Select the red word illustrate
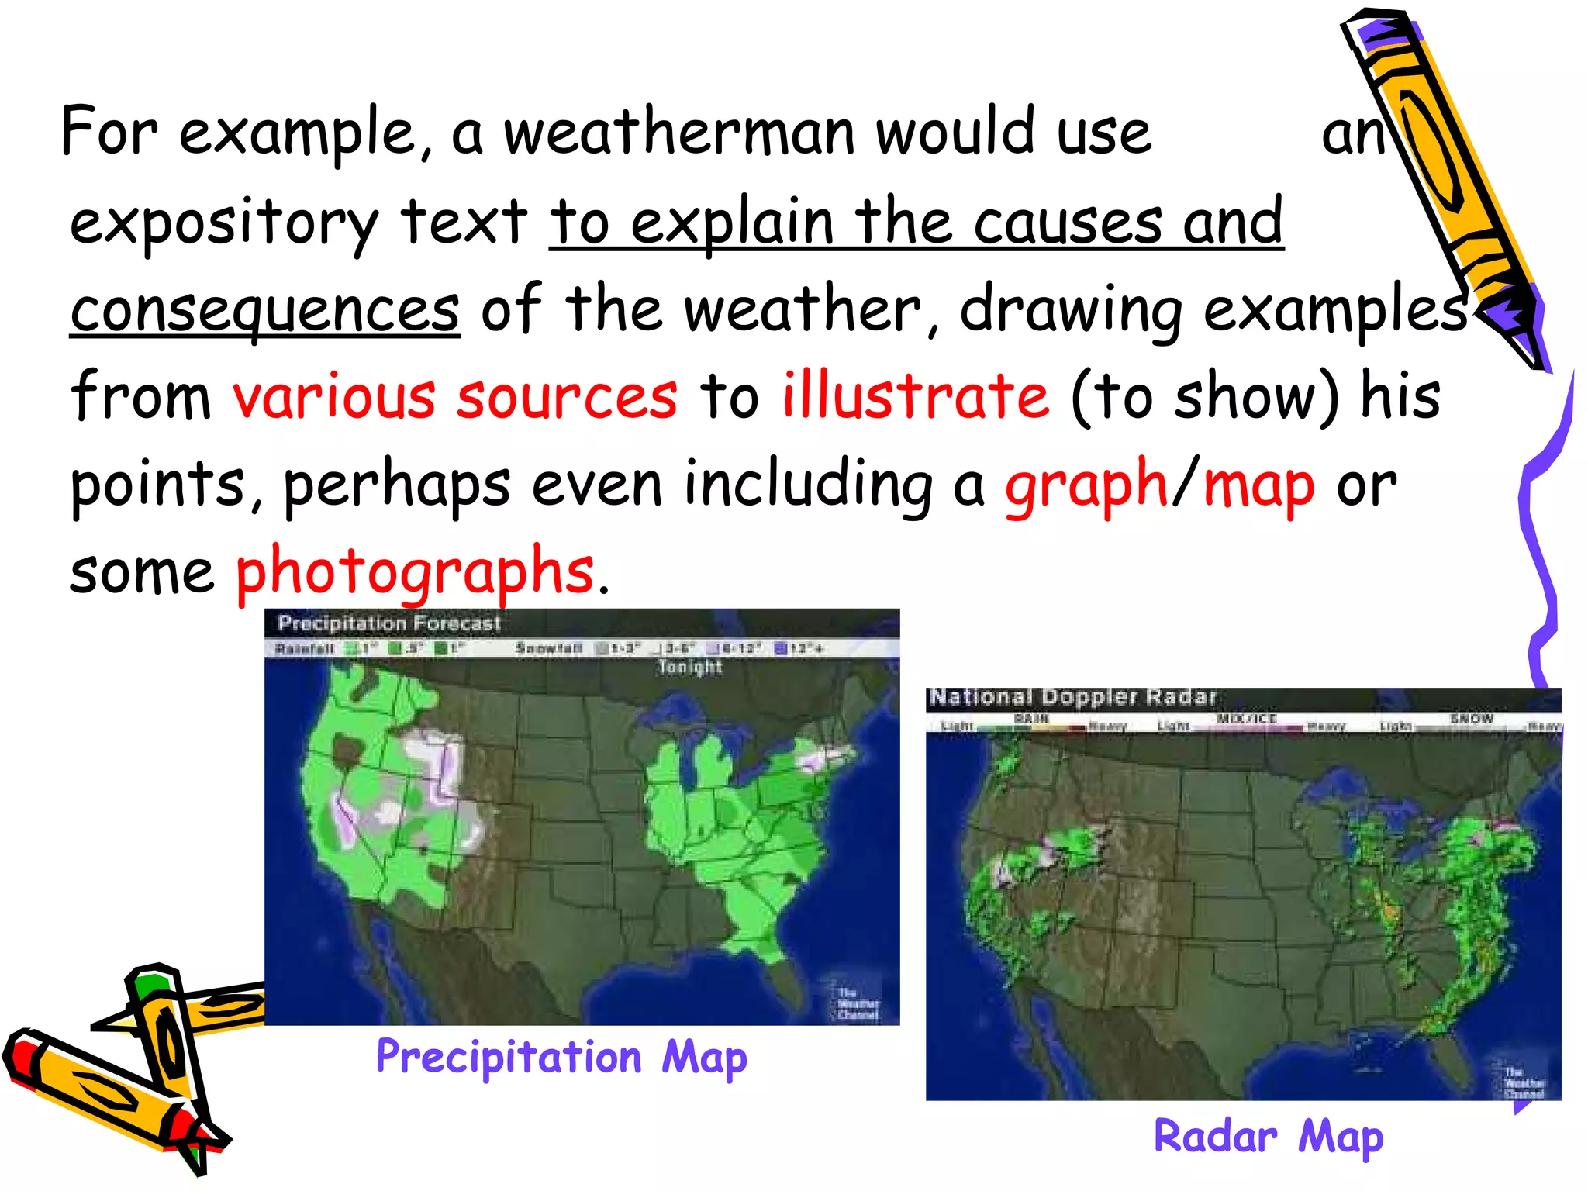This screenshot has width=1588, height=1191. point(915,396)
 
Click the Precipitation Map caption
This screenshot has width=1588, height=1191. point(561,1058)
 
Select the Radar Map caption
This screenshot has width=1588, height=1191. point(1269,1137)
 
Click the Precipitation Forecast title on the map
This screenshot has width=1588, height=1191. point(389,623)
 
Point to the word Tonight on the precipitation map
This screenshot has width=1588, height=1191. point(690,667)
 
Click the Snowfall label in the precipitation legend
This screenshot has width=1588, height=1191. point(549,648)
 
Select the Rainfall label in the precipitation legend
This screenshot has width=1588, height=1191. point(305,648)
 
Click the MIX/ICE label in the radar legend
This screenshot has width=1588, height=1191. point(1246,720)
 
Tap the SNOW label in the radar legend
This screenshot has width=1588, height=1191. point(1471,720)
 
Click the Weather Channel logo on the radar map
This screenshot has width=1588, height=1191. point(1523,1082)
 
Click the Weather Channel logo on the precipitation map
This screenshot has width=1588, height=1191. point(857,1003)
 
